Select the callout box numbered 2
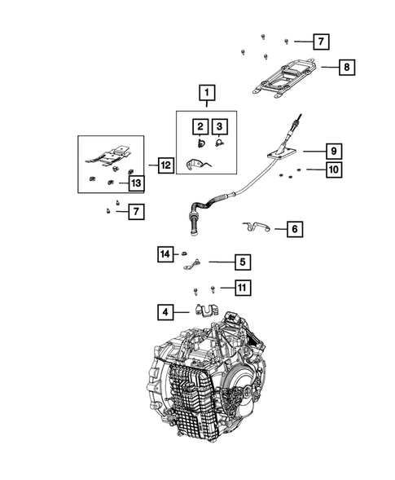tap(198, 126)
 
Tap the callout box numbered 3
tap(219, 126)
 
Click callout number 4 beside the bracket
tap(165, 310)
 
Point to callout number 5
tap(242, 262)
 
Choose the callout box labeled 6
tap(293, 230)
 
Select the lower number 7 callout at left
tap(137, 212)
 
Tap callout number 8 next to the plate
tap(346, 69)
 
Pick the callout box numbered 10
tap(333, 170)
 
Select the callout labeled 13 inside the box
tap(134, 183)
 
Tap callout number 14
tap(165, 255)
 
